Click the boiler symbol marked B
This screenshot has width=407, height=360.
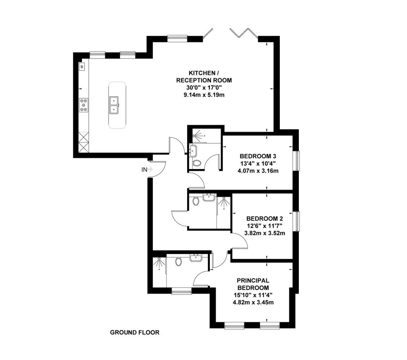tap(82, 67)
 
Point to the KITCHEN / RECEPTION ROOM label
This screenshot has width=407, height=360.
tap(204, 77)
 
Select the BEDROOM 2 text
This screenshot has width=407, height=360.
tap(264, 218)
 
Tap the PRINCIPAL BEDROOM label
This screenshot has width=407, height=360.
tap(253, 284)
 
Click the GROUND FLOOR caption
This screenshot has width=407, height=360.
tap(135, 333)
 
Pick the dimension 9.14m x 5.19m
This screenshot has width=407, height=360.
tap(204, 95)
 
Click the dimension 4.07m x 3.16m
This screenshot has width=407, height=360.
tap(258, 171)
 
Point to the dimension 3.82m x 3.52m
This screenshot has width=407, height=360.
tap(265, 233)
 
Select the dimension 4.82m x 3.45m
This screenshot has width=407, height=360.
tap(253, 302)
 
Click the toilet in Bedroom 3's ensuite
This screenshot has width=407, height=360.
tap(196, 163)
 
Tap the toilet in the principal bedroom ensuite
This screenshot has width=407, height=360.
tap(178, 261)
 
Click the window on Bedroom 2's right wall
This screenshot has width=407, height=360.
tap(296, 221)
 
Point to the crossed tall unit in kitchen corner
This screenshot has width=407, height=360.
tap(84, 142)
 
